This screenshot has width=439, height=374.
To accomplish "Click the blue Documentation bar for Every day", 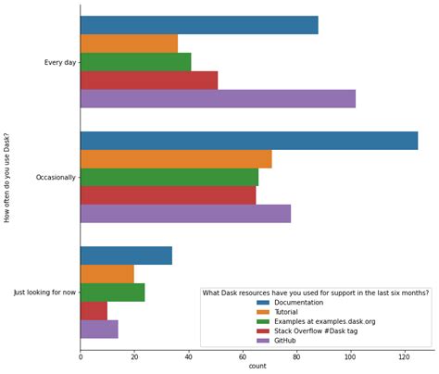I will tap(199, 25).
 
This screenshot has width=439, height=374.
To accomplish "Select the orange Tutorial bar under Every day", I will tap(129, 44).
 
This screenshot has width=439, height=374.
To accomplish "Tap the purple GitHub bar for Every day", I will tap(218, 99).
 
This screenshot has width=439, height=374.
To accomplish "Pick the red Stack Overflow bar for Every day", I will tap(149, 81).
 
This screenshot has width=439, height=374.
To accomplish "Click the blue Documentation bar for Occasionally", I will tap(248, 141).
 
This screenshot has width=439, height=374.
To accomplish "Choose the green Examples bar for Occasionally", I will tap(169, 177).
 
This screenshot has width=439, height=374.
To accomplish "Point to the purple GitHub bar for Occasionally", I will tap(185, 214).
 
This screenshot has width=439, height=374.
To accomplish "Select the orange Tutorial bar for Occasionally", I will tap(176, 158).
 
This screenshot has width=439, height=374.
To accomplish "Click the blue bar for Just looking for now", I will tap(126, 256).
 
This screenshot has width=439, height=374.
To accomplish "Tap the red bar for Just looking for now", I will tap(94, 310).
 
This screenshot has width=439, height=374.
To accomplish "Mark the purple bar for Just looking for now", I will tap(99, 329).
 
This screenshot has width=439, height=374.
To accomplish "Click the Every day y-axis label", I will tap(59, 63).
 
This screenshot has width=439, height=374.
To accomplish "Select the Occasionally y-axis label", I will tap(55, 178).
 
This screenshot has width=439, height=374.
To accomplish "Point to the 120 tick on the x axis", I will tap(404, 356).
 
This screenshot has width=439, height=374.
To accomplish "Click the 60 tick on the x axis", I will tap(243, 356).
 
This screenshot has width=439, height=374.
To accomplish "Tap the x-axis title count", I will tap(257, 368).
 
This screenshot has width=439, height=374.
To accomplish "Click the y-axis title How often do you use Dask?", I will tap(8, 175).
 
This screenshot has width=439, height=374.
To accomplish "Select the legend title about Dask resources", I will tap(315, 293).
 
